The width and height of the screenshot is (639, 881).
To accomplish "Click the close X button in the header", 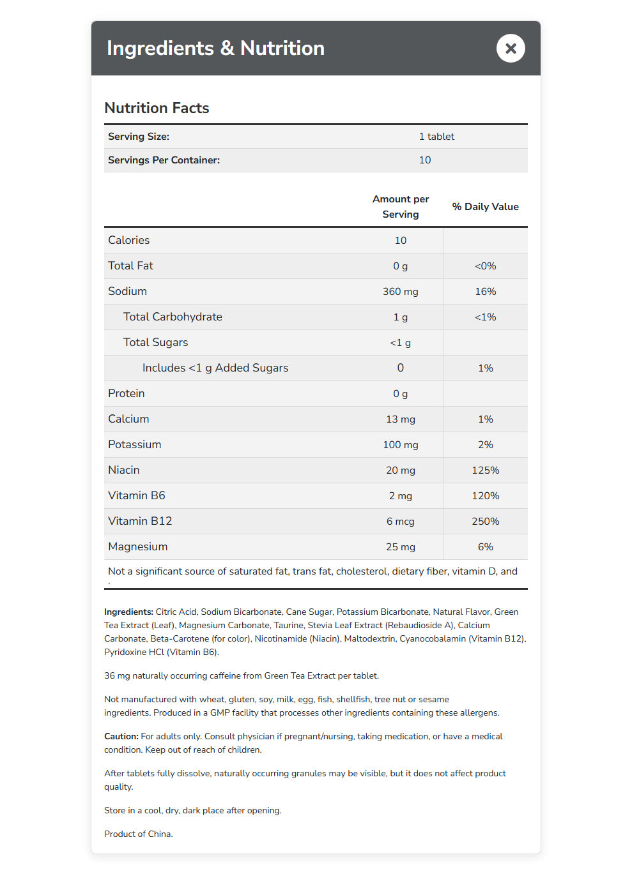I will tap(511, 49).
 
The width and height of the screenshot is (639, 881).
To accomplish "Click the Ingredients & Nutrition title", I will tap(215, 49).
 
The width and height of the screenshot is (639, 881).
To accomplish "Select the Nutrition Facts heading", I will tap(157, 108).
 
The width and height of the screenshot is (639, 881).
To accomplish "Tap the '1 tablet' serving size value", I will tap(436, 137).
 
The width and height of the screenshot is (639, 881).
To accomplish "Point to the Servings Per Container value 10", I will tap(425, 160).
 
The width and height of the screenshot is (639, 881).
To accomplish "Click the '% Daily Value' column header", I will tap(485, 207).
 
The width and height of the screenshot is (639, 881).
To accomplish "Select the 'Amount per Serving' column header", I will tap(401, 207).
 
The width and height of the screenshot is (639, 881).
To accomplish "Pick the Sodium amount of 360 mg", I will tap(401, 292).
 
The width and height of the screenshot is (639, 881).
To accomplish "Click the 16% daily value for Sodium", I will tap(485, 292).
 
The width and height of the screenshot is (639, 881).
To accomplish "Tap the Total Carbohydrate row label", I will tap(173, 317).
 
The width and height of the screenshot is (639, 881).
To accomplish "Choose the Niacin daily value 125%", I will tap(485, 471).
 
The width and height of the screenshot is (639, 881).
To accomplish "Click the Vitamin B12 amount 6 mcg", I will tap(401, 522).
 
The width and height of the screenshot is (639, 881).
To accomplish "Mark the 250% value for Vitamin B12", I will tap(485, 522).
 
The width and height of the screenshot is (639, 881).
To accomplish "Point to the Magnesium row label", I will tap(138, 546).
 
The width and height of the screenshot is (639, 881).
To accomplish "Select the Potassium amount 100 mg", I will tap(401, 445).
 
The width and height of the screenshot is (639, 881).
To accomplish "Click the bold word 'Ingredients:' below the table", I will tap(128, 612).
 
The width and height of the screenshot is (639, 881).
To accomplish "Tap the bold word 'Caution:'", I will tap(121, 736).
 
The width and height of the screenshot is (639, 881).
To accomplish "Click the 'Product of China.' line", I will tap(139, 834).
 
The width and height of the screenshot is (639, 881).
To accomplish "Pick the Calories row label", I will tap(129, 240).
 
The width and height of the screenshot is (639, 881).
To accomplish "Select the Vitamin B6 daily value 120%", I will tap(485, 496).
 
